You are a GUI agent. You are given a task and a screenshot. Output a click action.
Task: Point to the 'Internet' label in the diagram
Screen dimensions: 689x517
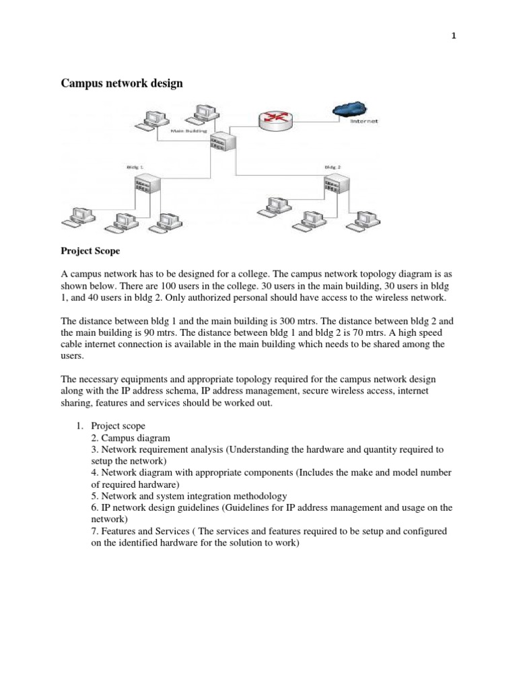(364, 122)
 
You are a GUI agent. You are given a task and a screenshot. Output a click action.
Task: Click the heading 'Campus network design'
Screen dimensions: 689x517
(122, 83)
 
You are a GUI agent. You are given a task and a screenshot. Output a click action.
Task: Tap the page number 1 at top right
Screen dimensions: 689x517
(454, 37)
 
